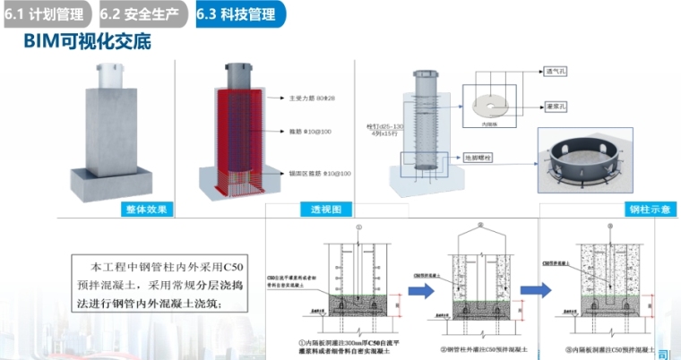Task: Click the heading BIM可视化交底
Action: pos(86,41)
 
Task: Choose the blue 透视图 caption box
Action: pos(325,210)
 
